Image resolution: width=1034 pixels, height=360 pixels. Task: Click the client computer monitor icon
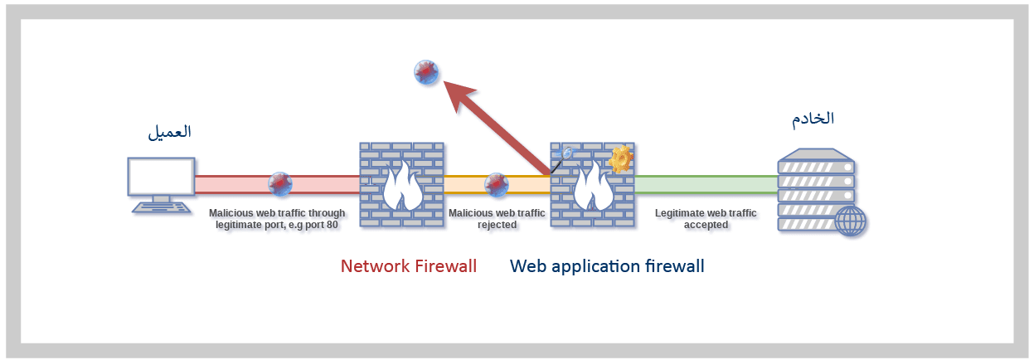161,178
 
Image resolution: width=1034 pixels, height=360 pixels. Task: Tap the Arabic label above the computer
169,132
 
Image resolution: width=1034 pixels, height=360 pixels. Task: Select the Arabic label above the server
812,118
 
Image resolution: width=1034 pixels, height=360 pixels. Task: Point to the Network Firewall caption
409,266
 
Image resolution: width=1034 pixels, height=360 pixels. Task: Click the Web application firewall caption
607,266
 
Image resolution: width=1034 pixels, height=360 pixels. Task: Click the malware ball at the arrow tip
426,74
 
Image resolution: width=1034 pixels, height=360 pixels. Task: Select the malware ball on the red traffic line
280,184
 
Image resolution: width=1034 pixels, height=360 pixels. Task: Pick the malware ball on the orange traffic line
496,184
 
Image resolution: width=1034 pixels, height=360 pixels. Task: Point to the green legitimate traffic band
705,184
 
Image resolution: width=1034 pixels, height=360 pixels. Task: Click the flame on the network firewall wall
402,189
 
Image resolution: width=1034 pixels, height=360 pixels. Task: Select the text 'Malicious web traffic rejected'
497,219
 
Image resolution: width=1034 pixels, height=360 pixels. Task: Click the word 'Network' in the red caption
375,266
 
